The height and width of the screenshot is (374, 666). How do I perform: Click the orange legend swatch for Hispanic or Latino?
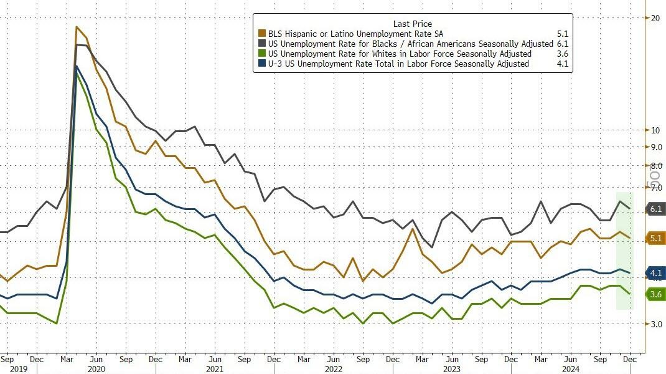[x=262, y=34]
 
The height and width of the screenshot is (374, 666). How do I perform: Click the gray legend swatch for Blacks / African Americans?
[x=262, y=44]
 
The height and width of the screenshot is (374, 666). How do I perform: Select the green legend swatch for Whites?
[x=262, y=54]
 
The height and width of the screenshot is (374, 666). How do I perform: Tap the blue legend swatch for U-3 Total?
[x=262, y=64]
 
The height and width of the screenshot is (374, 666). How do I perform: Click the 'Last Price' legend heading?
[x=412, y=23]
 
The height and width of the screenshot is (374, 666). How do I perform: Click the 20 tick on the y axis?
[x=655, y=18]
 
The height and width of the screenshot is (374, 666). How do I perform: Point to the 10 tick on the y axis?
[x=655, y=130]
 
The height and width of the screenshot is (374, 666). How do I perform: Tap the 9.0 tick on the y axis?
[x=655, y=147]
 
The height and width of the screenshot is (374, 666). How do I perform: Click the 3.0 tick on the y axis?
[x=655, y=324]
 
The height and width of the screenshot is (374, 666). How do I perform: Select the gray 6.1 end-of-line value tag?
[x=655, y=209]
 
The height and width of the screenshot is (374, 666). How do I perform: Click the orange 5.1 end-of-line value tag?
[x=655, y=238]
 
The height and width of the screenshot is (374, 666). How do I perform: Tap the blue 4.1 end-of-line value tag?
[x=655, y=273]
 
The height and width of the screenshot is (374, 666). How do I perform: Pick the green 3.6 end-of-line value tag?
[x=655, y=295]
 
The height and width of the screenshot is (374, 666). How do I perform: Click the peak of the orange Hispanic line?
[x=77, y=27]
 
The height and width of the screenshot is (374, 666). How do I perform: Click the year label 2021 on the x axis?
[x=215, y=368]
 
